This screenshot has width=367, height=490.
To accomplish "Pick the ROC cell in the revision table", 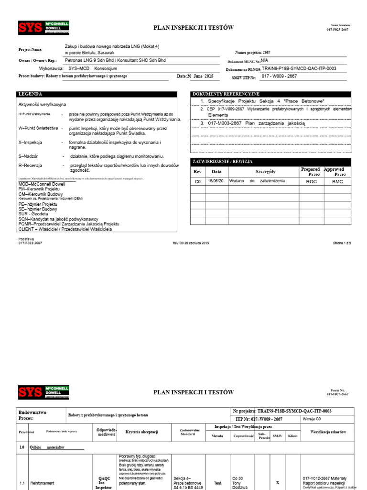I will coord(311,181).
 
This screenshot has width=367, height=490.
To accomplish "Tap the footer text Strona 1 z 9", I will coord(342,243).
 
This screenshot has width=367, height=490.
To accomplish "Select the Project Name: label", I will coord(31,49).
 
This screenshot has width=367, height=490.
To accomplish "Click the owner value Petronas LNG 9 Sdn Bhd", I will coord(115,60).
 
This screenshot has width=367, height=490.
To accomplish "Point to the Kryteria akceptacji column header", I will coord(142,432).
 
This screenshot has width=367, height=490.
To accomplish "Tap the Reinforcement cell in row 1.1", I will coord(43,483).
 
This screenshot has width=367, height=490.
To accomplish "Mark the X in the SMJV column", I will coord(278,483).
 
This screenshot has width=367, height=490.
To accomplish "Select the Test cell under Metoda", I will coord(218,483).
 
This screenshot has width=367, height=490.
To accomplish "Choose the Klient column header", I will coord(292,436).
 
